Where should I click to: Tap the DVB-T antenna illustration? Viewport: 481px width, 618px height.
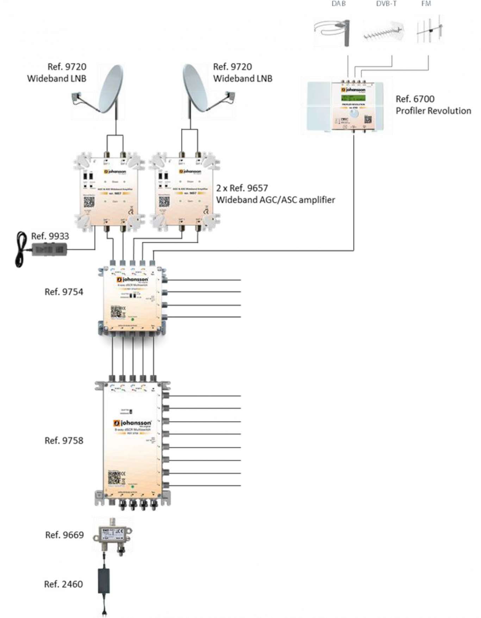point(383,32)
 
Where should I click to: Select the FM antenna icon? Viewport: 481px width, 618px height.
point(429,30)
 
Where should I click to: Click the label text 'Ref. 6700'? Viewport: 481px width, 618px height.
point(415,99)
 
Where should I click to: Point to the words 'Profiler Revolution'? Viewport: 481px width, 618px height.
point(433,111)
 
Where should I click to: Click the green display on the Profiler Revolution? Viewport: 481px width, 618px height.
point(353,98)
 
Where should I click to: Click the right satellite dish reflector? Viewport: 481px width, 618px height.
point(195,88)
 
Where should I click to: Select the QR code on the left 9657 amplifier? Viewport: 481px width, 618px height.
point(89,202)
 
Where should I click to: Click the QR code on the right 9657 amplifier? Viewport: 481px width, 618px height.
point(164,202)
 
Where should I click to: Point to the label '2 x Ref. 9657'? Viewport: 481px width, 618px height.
point(242,188)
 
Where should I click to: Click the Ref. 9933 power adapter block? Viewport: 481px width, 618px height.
point(50,250)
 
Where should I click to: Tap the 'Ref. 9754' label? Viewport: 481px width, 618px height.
point(64,292)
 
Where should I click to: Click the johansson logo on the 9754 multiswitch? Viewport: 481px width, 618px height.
point(132,279)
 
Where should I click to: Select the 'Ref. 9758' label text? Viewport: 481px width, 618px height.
point(64,441)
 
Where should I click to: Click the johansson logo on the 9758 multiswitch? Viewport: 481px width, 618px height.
point(132,423)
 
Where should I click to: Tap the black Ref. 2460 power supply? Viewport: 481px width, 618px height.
point(104,581)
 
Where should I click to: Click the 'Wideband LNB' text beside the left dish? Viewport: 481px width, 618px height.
point(57,78)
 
